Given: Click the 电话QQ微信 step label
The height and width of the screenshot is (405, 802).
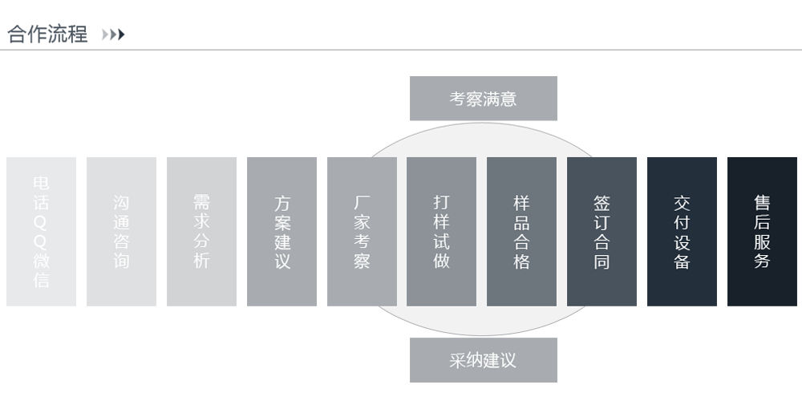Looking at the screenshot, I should pyautogui.click(x=41, y=232).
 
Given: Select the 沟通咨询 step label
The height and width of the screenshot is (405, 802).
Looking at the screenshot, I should pyautogui.click(x=121, y=232).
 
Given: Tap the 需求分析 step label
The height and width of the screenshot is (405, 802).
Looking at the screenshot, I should pyautogui.click(x=201, y=232).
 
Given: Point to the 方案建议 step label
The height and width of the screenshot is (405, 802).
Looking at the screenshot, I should pyautogui.click(x=282, y=232).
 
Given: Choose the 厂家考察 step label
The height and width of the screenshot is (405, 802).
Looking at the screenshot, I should pyautogui.click(x=362, y=232).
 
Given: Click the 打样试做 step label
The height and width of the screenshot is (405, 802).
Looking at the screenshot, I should pyautogui.click(x=441, y=232).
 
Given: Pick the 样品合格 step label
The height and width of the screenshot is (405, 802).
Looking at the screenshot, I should pyautogui.click(x=521, y=232).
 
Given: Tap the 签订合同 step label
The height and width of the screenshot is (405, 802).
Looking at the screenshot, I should pyautogui.click(x=602, y=232).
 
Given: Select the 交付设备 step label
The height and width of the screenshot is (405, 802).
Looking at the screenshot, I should pyautogui.click(x=683, y=232).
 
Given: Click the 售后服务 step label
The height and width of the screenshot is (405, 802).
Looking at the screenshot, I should pyautogui.click(x=762, y=232).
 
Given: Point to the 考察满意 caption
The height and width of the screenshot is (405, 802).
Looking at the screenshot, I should pyautogui.click(x=483, y=99).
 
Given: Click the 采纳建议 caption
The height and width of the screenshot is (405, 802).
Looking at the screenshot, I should pyautogui.click(x=483, y=360).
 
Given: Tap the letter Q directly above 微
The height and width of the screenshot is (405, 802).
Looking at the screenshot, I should pyautogui.click(x=41, y=241).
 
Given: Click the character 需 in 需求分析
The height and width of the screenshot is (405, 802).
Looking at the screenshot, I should pyautogui.click(x=201, y=203).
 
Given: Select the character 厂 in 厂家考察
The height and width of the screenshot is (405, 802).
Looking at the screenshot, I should pyautogui.click(x=362, y=203).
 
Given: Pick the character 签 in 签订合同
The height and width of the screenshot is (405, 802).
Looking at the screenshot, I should pyautogui.click(x=602, y=203).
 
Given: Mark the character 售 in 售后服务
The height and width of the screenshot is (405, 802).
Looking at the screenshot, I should pyautogui.click(x=762, y=203).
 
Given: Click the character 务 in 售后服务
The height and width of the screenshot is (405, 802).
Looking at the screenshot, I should pyautogui.click(x=762, y=261).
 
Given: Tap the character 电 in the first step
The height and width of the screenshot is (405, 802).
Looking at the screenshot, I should pyautogui.click(x=41, y=184).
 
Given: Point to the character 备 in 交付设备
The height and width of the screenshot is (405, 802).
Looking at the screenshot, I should pyautogui.click(x=683, y=261).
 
